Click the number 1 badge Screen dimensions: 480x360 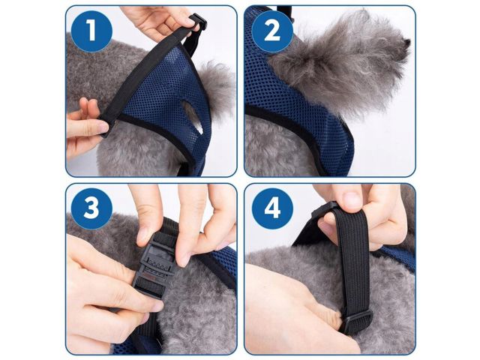(91, 31)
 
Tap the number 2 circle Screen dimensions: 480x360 (272, 31)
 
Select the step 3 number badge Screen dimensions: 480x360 (91, 208)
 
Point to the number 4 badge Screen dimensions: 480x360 (272, 208)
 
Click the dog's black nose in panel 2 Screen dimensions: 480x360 (406, 43)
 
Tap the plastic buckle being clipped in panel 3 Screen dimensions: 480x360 (157, 262)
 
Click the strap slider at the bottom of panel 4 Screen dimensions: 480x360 (357, 322)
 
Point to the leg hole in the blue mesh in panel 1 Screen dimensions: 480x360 (192, 117)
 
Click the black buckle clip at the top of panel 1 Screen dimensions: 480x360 (198, 22)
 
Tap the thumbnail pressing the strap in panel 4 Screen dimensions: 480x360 (352, 199)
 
